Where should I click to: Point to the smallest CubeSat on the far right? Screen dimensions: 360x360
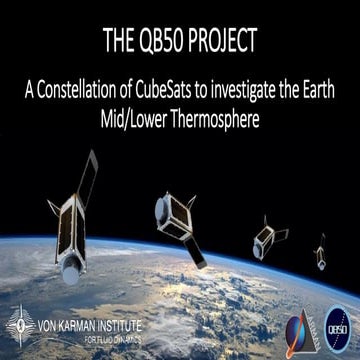point(320,247)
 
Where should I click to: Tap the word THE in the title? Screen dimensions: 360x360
point(120,41)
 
